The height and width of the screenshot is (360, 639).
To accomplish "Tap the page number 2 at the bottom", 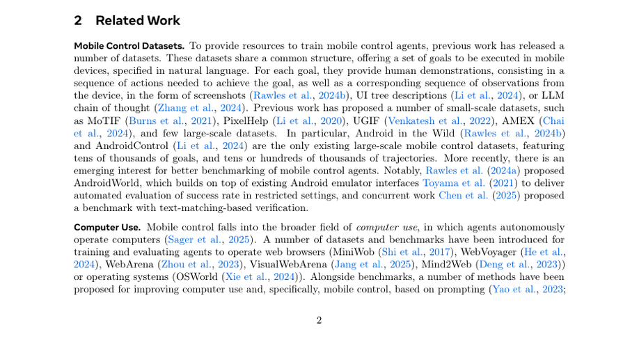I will (319, 320).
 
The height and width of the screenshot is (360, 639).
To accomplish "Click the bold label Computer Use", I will (107, 227).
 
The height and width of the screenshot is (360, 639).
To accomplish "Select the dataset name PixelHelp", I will (246, 120).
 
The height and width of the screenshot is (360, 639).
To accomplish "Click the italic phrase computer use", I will (386, 227).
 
